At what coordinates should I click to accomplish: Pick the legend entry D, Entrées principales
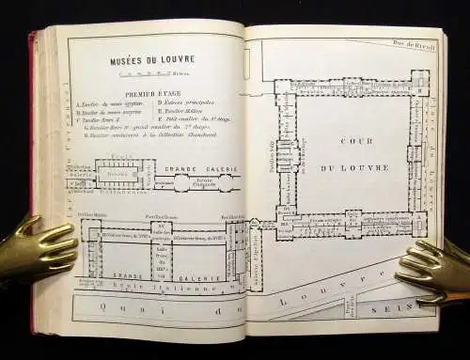pyautogui.click(x=184, y=104)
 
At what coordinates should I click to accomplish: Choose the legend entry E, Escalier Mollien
pyautogui.click(x=184, y=113)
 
